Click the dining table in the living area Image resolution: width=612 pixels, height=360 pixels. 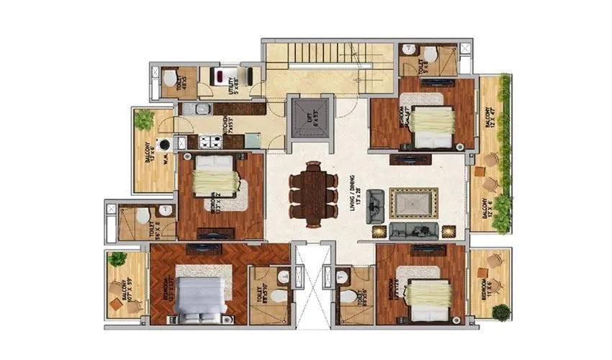(314, 194)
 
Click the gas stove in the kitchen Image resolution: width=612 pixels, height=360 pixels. (211, 142)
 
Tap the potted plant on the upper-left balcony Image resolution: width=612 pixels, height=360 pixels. (144, 119)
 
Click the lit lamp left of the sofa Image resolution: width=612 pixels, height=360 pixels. (378, 231)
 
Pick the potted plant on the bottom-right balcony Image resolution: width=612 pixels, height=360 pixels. (501, 312)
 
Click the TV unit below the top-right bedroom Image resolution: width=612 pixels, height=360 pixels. (410, 159)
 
